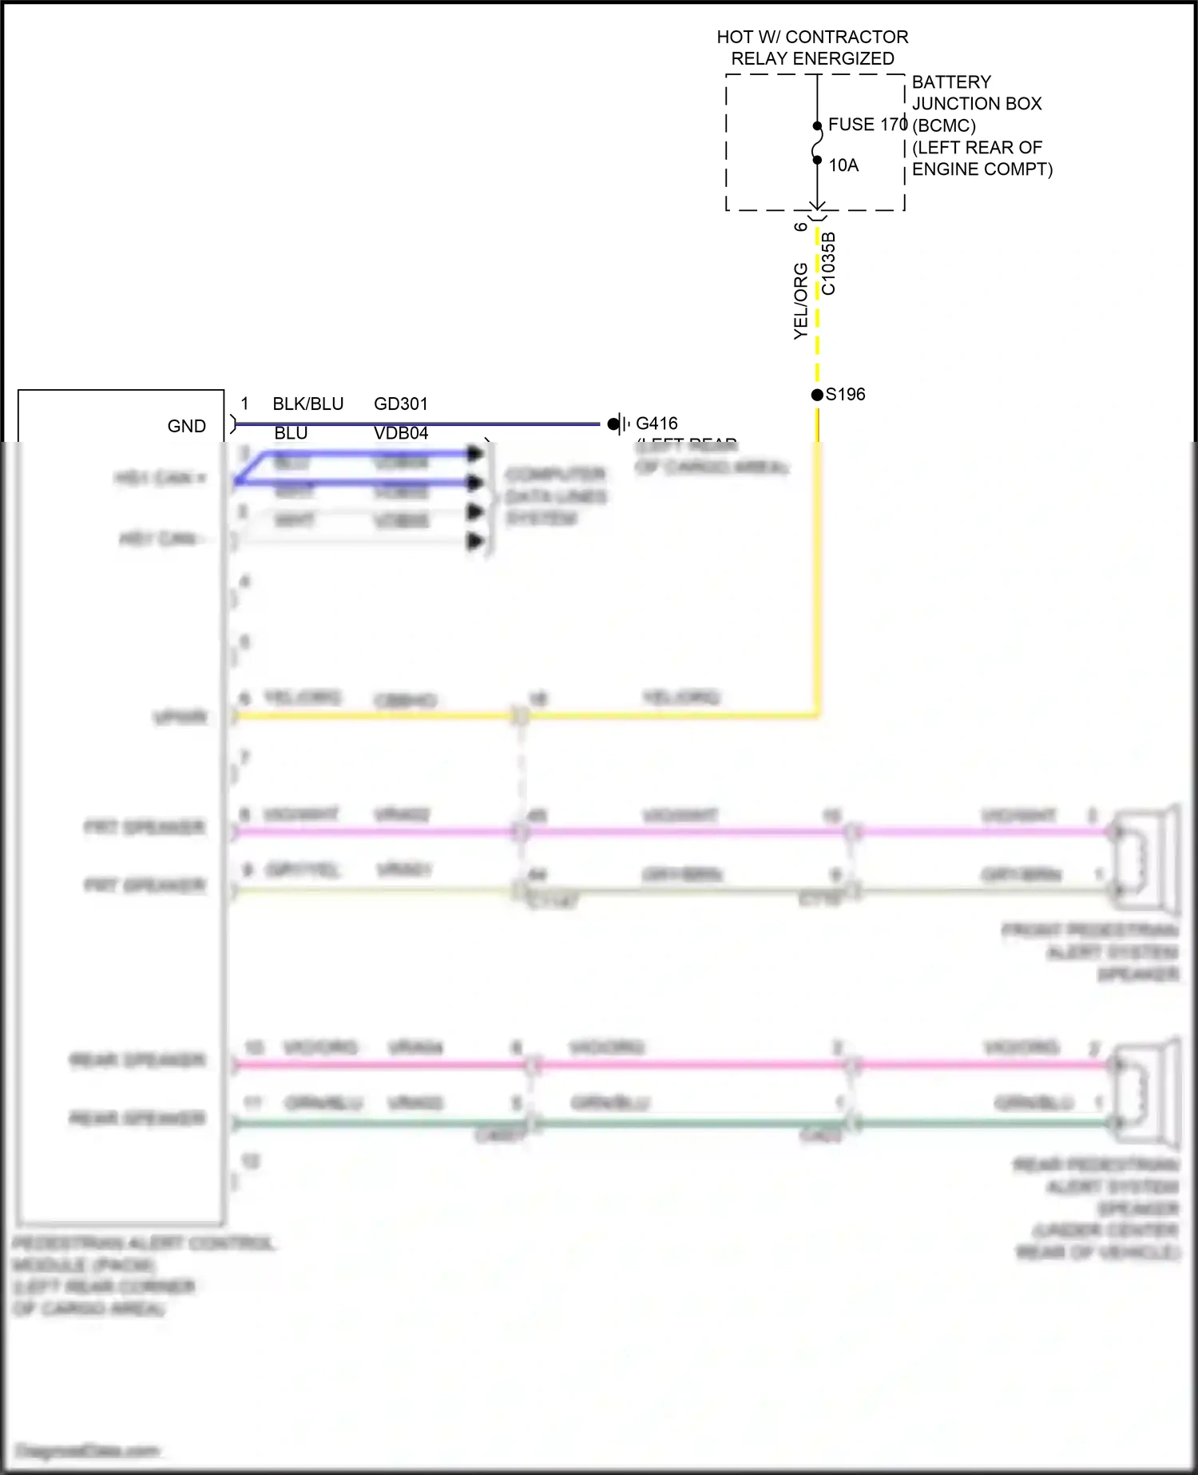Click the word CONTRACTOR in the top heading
click(x=847, y=37)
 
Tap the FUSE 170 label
click(x=867, y=125)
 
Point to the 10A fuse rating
click(x=843, y=165)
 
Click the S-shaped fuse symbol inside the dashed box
click(x=817, y=144)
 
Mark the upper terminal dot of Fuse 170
click(x=817, y=126)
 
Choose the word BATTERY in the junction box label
click(x=951, y=82)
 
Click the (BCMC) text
click(x=944, y=126)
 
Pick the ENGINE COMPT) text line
click(x=982, y=169)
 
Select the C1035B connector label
click(x=829, y=264)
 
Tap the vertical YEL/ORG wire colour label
click(x=801, y=301)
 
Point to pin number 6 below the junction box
click(x=801, y=227)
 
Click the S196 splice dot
click(x=817, y=395)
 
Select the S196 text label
click(x=846, y=395)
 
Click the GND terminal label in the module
click(x=187, y=427)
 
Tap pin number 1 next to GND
click(x=244, y=404)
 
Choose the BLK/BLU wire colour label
click(x=308, y=404)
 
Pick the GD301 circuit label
click(x=401, y=404)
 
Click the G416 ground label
click(x=657, y=423)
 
